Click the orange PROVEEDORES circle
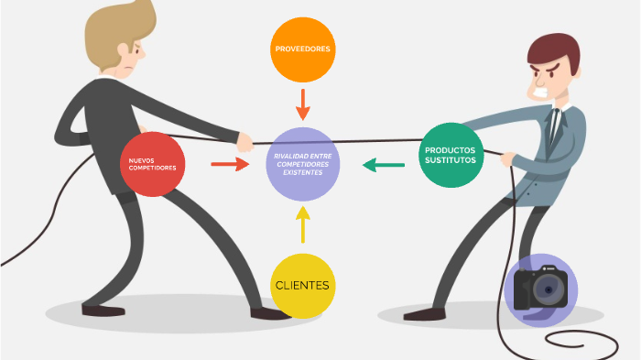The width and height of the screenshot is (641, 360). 303,49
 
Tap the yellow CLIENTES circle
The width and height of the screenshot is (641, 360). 303,286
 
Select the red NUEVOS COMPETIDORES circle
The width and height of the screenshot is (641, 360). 153,164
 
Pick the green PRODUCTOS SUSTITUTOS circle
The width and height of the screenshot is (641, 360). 451,155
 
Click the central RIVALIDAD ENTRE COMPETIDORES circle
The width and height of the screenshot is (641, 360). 303,164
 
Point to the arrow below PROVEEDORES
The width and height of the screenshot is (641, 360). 303,104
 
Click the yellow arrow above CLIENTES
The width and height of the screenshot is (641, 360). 303,224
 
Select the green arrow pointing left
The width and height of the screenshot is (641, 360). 384,165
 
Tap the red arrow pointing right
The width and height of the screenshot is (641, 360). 230,164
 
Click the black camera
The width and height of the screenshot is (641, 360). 540,288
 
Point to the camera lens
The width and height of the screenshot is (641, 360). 549,289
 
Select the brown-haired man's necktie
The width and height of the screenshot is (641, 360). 554,125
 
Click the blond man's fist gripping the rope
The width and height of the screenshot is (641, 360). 244,142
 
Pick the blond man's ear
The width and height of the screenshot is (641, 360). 125,49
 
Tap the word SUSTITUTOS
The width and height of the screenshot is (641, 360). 451,160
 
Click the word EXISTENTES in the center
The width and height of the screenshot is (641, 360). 303,172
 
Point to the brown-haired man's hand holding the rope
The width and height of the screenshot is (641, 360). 508,158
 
